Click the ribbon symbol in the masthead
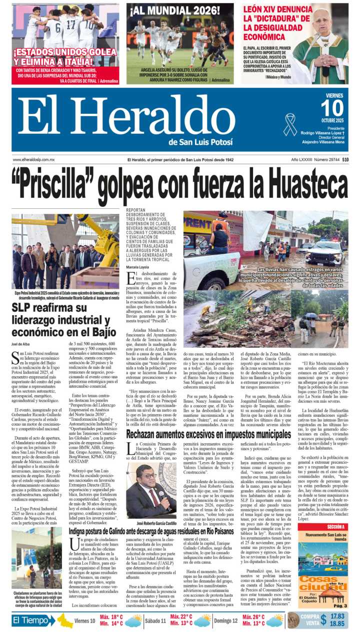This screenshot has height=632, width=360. [x=290, y=124]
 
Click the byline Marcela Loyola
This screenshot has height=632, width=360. [x=137, y=267]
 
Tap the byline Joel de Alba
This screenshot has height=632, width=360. [x=22, y=344]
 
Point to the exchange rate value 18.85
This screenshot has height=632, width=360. [x=337, y=624]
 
